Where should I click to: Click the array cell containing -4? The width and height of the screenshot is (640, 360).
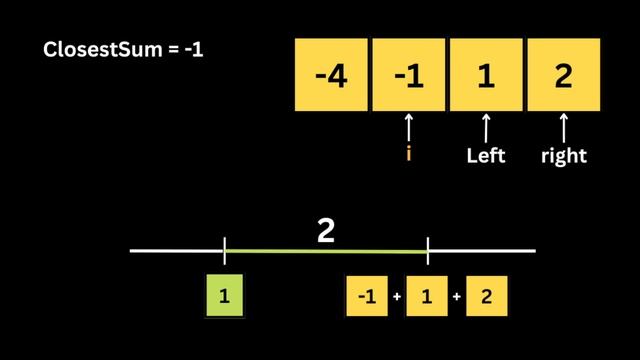[x=331, y=75]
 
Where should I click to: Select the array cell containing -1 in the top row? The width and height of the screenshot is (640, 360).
[x=408, y=75]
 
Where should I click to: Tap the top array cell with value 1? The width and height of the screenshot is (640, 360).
[x=486, y=75]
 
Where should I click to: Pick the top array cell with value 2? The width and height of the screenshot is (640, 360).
[x=563, y=75]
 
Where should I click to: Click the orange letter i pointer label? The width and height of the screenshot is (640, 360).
[x=408, y=155]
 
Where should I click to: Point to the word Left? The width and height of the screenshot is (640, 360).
[x=486, y=156]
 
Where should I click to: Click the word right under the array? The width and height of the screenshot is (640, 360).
[x=563, y=156]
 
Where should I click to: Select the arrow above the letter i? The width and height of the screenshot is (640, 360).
[x=408, y=128]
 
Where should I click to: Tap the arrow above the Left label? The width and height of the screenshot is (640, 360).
[x=486, y=128]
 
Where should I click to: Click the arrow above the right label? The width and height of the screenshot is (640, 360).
[x=563, y=128]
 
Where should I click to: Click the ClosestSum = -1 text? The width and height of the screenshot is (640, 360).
[x=124, y=49]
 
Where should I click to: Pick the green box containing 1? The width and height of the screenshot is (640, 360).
[x=225, y=296]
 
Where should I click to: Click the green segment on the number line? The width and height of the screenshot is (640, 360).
[x=326, y=251]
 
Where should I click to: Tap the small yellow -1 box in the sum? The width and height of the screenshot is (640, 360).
[x=367, y=296]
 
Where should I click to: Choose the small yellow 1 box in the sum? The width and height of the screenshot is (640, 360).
[x=427, y=296]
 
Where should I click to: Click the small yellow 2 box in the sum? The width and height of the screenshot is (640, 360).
[x=487, y=296]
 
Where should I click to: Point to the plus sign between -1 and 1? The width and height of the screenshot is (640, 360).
[x=397, y=297]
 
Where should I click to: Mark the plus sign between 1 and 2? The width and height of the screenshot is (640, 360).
[x=457, y=297]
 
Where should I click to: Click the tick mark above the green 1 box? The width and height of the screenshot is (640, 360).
[x=225, y=251]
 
